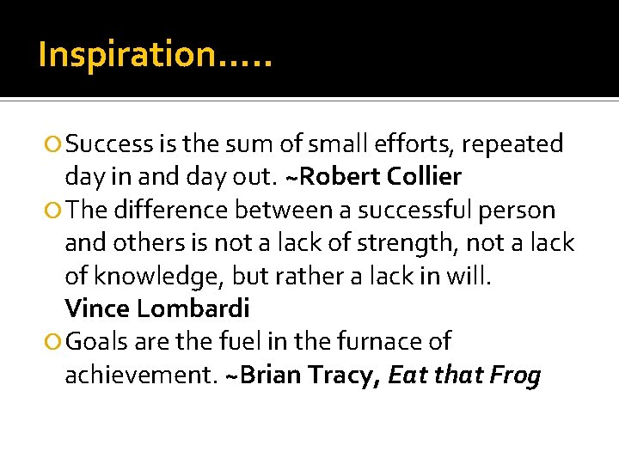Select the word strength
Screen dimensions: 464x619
tap(398, 244)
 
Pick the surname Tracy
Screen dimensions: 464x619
tap(349, 375)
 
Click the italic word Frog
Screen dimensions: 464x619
tap(513, 376)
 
